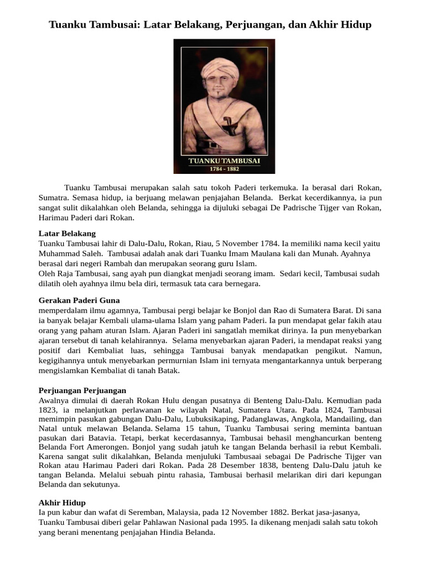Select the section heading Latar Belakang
click(67, 234)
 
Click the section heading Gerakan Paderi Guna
click(79, 300)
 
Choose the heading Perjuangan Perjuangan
click(82, 390)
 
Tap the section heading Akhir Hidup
click(62, 502)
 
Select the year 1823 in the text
click(48, 410)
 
